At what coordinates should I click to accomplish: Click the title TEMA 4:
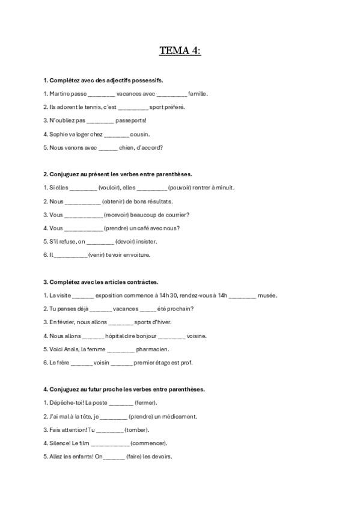(180, 51)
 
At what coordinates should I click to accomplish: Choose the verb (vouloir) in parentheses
(109, 188)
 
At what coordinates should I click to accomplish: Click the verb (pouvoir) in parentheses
(180, 188)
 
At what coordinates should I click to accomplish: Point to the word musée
(267, 295)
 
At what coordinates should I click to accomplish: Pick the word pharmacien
(153, 349)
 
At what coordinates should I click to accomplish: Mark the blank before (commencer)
(112, 443)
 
